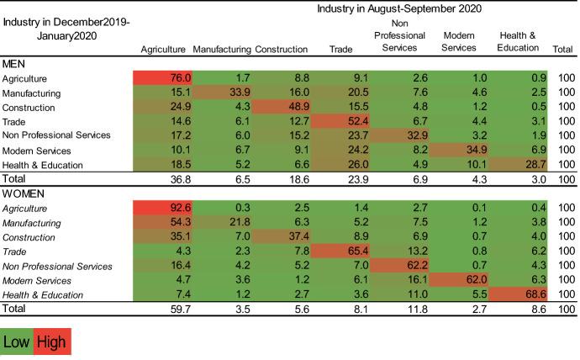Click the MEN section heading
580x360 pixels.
pos(15,63)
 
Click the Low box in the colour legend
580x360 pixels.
pos(18,342)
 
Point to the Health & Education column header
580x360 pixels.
pos(518,42)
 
